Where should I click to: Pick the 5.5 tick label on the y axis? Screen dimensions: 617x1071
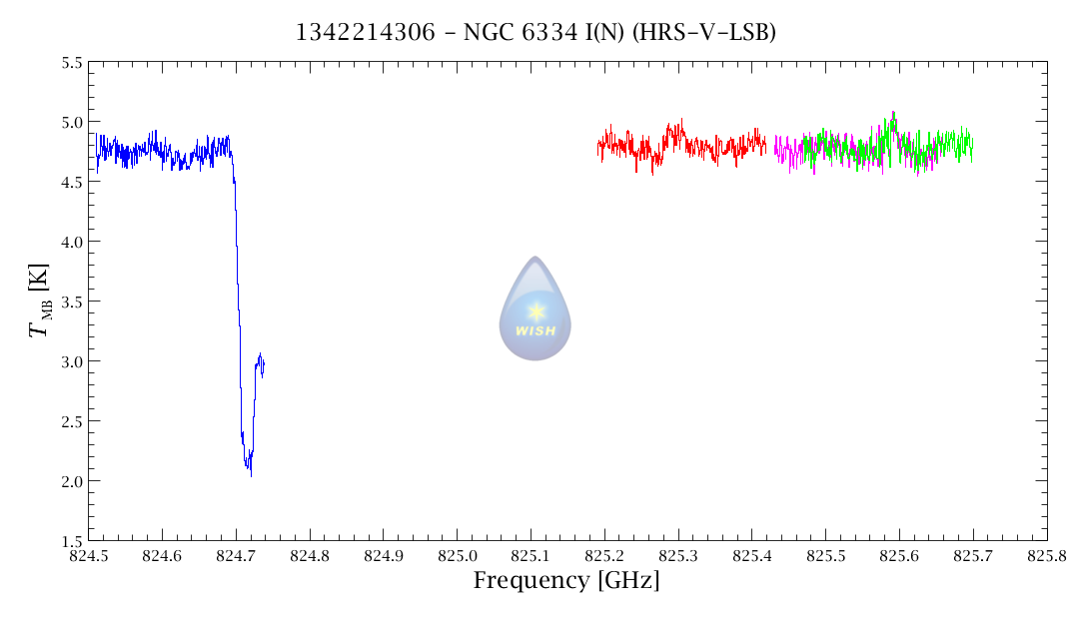[71, 62]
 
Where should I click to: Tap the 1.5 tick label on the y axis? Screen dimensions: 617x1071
[71, 540]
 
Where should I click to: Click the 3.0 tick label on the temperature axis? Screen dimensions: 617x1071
[71, 361]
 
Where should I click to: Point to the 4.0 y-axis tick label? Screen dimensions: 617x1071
[71, 242]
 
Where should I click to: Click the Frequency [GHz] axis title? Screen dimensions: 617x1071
[565, 580]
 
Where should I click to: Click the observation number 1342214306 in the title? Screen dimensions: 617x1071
[366, 33]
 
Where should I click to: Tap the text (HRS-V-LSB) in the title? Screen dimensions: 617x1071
[713, 33]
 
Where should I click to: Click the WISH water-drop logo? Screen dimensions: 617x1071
[535, 308]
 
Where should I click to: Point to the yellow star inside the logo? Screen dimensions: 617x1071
[535, 310]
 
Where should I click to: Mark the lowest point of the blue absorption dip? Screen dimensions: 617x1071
[251, 474]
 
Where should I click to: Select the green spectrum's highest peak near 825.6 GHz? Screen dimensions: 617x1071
[893, 114]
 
